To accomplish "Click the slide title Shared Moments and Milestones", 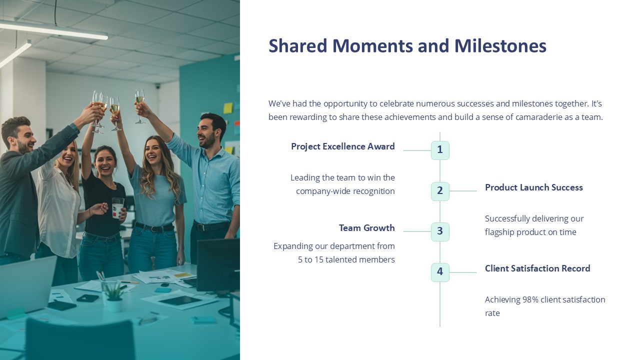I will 407,46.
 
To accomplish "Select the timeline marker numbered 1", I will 440,150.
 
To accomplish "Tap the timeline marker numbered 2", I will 440,191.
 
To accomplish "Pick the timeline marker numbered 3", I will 440,231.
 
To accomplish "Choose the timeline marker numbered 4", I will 440,272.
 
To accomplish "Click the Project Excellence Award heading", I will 342,146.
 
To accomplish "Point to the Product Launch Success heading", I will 533,187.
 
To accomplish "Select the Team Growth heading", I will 366,228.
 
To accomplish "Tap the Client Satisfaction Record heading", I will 537,268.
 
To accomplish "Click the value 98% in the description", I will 530,299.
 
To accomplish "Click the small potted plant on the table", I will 113,297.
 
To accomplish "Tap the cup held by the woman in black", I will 118,207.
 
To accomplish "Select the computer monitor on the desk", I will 217,265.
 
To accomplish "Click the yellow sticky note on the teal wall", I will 228,108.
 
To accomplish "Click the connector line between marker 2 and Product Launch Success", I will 463,191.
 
